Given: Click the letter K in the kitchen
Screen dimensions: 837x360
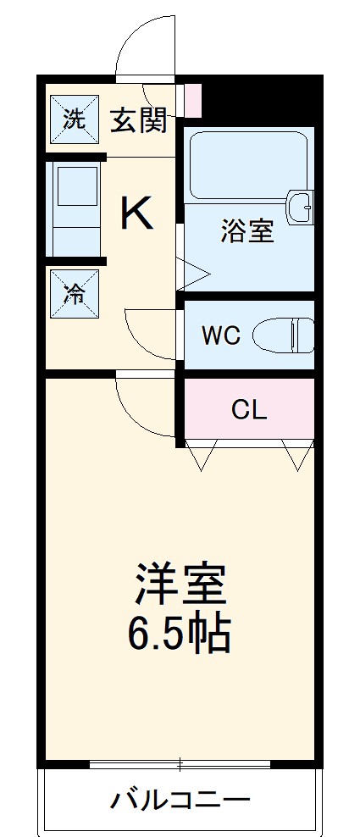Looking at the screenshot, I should [136, 213].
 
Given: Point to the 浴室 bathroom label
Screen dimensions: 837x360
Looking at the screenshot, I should [247, 231].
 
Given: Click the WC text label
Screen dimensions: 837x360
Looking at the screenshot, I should [221, 335].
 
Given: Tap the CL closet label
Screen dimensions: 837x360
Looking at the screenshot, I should [249, 411].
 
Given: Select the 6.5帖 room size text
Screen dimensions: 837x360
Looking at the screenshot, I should [180, 632].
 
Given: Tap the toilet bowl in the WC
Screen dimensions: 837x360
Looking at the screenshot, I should [285, 335].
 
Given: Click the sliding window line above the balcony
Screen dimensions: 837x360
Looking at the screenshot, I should [180, 763].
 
